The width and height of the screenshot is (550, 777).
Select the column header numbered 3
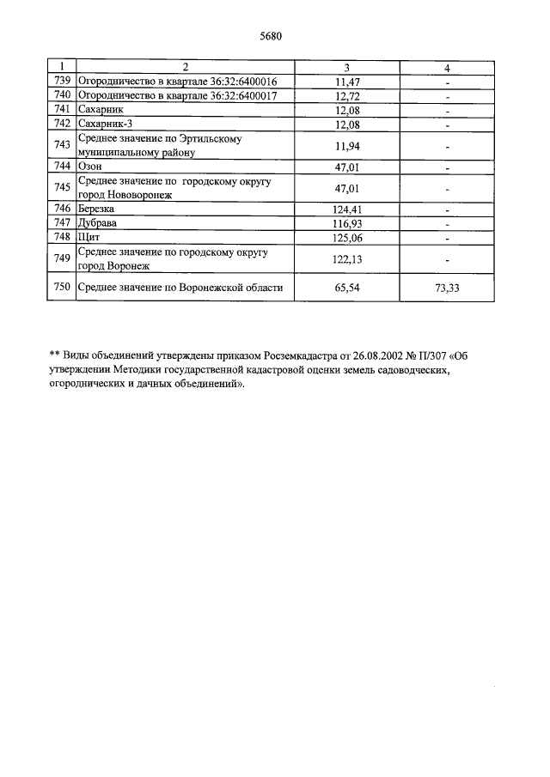click(x=346, y=67)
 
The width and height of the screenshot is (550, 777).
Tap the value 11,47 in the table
click(x=346, y=82)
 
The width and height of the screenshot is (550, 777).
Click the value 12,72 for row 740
click(x=346, y=96)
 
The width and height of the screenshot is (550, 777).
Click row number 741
click(x=61, y=111)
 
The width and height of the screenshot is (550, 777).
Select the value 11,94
click(x=346, y=146)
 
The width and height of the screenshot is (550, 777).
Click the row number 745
click(x=61, y=187)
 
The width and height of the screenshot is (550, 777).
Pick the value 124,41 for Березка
click(x=346, y=209)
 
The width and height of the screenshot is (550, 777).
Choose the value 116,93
click(x=346, y=222)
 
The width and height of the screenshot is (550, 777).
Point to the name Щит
click(x=89, y=237)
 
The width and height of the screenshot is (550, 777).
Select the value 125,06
click(x=346, y=237)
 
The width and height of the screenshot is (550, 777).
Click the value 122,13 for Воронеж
click(x=346, y=258)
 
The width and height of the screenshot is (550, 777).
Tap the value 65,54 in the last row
click(x=346, y=288)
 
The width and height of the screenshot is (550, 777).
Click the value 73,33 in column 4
click(x=447, y=288)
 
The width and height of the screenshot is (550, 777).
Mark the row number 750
click(x=61, y=288)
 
